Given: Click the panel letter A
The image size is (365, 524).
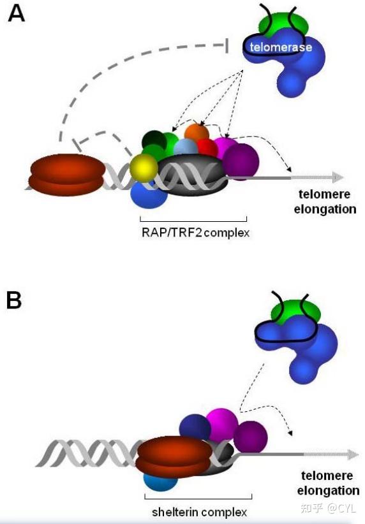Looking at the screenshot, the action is pos(16,14).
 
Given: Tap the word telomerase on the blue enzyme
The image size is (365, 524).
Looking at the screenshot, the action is pos(281,47).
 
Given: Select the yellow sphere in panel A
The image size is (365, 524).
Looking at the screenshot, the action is pos(144,168).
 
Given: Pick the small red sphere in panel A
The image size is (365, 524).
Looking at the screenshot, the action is pos(208,147).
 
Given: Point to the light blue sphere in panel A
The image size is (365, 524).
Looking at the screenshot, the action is pos(186,147).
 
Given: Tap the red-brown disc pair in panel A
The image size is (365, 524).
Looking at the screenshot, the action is pos(67,175).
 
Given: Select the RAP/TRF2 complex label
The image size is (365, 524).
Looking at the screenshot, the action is pos(195,233).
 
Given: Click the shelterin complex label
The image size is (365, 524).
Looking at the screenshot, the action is pos(199,512).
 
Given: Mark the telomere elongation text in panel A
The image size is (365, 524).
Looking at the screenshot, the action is pos(325,201).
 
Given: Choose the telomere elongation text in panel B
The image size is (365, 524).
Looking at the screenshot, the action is pos(328,483).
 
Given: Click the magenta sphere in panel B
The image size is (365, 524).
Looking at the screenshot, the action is pos(222,424).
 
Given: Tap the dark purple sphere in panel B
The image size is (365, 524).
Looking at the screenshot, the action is pos(251,437).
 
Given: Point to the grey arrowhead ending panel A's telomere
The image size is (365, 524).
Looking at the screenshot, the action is pos(338,177).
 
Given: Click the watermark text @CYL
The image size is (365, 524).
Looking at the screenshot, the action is pos(341,508).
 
